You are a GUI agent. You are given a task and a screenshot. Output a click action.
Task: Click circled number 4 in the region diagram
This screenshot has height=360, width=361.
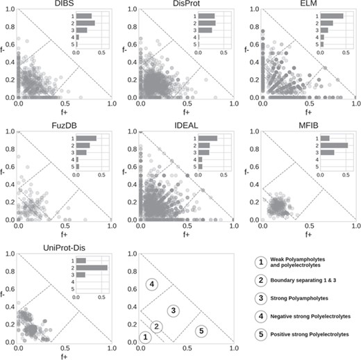click(152, 284)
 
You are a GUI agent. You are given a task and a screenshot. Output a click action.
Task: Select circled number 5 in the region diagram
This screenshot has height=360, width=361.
click(200, 331)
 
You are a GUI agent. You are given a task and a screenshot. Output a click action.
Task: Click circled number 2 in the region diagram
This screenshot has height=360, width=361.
click(157, 327)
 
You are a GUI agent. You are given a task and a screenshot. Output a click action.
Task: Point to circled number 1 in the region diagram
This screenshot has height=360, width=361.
click(145, 338)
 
